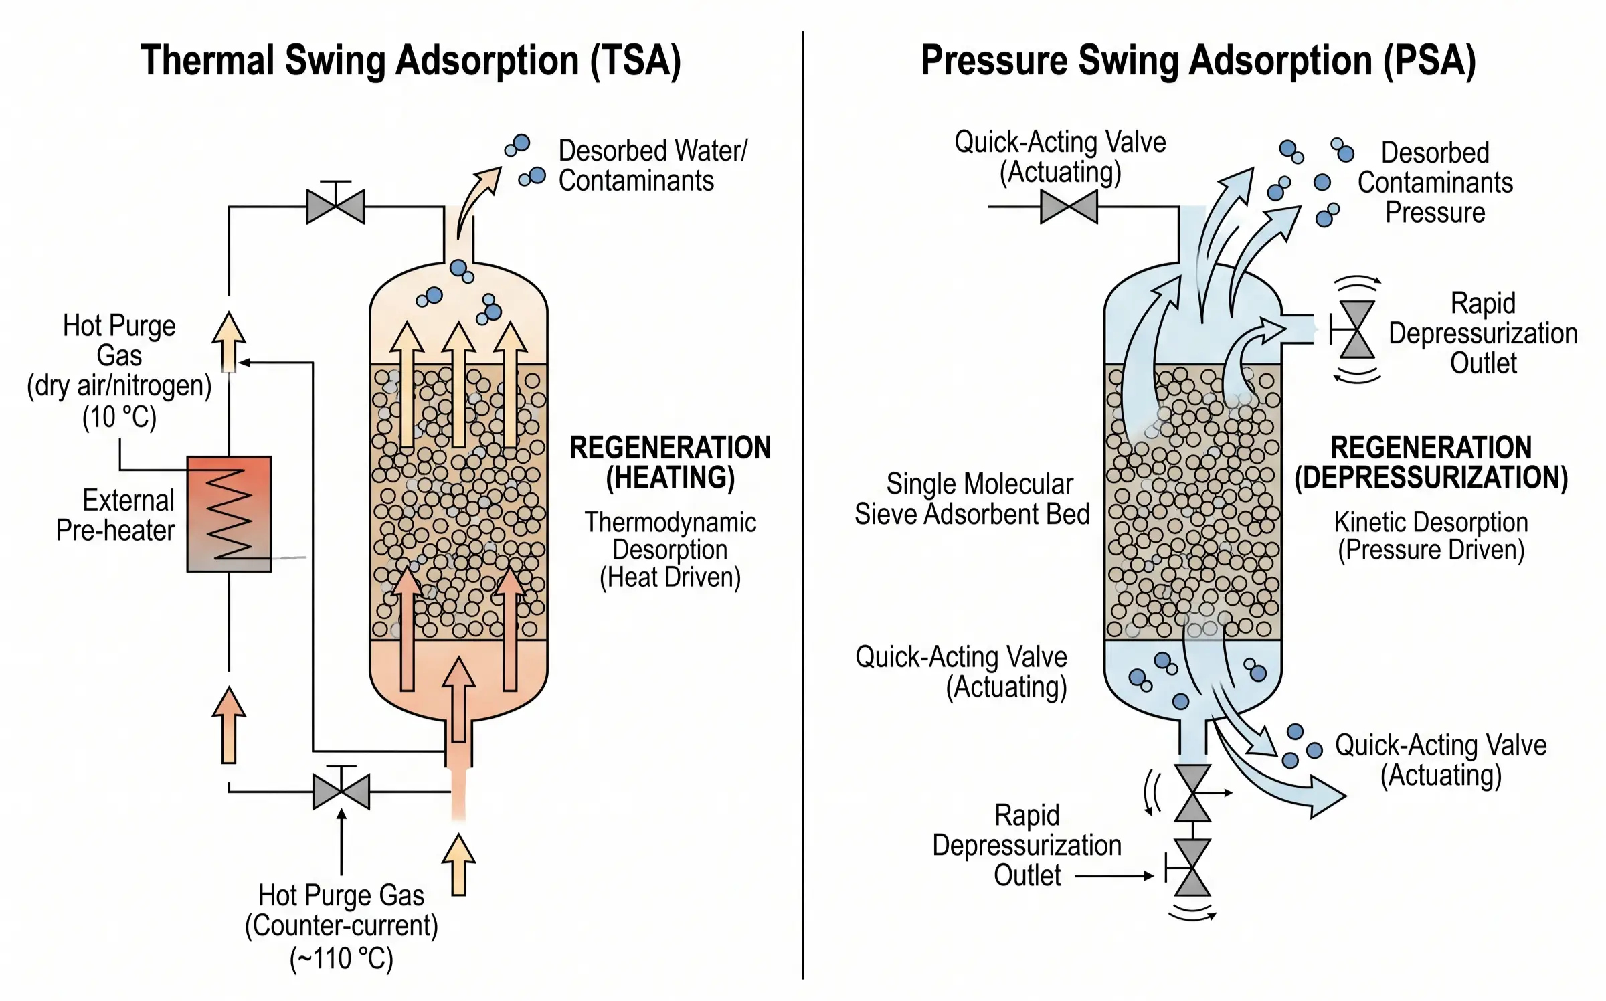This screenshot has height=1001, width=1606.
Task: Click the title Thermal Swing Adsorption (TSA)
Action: click(x=410, y=61)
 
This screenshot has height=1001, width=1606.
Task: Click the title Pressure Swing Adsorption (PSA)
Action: click(x=1198, y=61)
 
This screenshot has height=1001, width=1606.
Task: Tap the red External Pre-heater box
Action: click(x=229, y=514)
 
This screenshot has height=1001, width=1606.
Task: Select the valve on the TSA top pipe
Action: click(x=335, y=206)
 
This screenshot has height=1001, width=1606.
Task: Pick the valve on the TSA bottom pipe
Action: click(x=341, y=791)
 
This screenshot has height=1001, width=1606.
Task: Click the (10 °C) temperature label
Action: click(x=119, y=417)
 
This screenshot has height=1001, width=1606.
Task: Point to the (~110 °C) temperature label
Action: click(x=341, y=958)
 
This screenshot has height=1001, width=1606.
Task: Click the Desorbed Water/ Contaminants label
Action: click(x=652, y=165)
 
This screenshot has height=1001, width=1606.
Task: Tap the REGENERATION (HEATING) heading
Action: click(x=670, y=462)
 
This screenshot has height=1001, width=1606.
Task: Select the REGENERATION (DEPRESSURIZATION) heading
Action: click(x=1431, y=462)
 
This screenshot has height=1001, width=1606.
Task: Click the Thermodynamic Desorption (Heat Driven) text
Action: click(x=670, y=549)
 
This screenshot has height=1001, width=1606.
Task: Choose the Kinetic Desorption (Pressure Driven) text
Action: click(x=1431, y=536)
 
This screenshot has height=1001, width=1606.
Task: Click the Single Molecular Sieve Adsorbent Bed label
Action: click(x=972, y=499)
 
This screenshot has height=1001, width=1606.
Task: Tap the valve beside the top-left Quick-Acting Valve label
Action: click(x=1069, y=206)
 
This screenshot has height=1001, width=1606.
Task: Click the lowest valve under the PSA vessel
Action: click(x=1192, y=867)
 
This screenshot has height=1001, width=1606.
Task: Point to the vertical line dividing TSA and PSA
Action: click(x=802, y=502)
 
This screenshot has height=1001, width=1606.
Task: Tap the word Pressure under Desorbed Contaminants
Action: click(x=1435, y=213)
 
